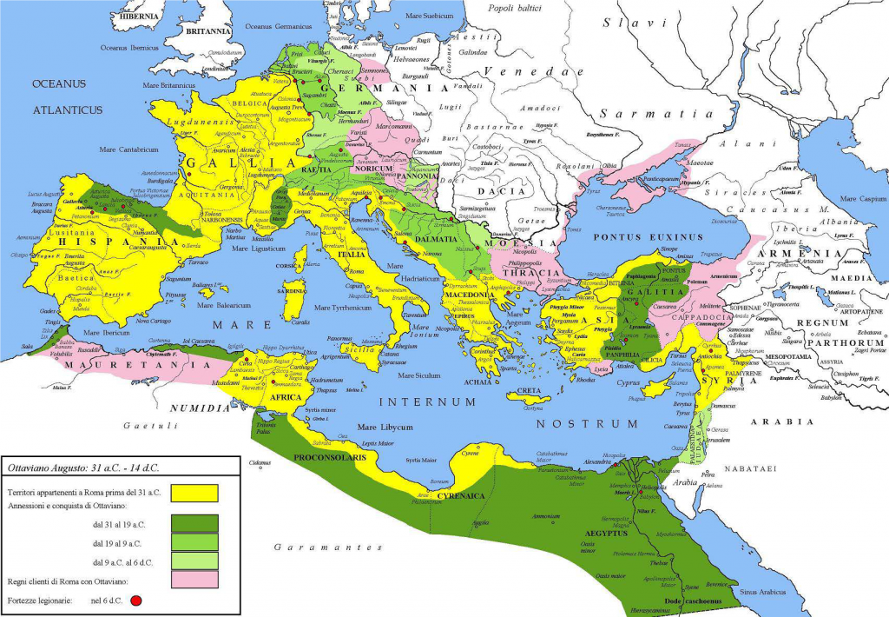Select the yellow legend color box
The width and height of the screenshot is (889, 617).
coord(194,493)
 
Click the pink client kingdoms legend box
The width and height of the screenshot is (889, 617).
coord(194,579)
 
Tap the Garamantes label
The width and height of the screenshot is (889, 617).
coord(327,547)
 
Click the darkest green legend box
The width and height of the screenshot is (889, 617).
coord(194,521)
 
